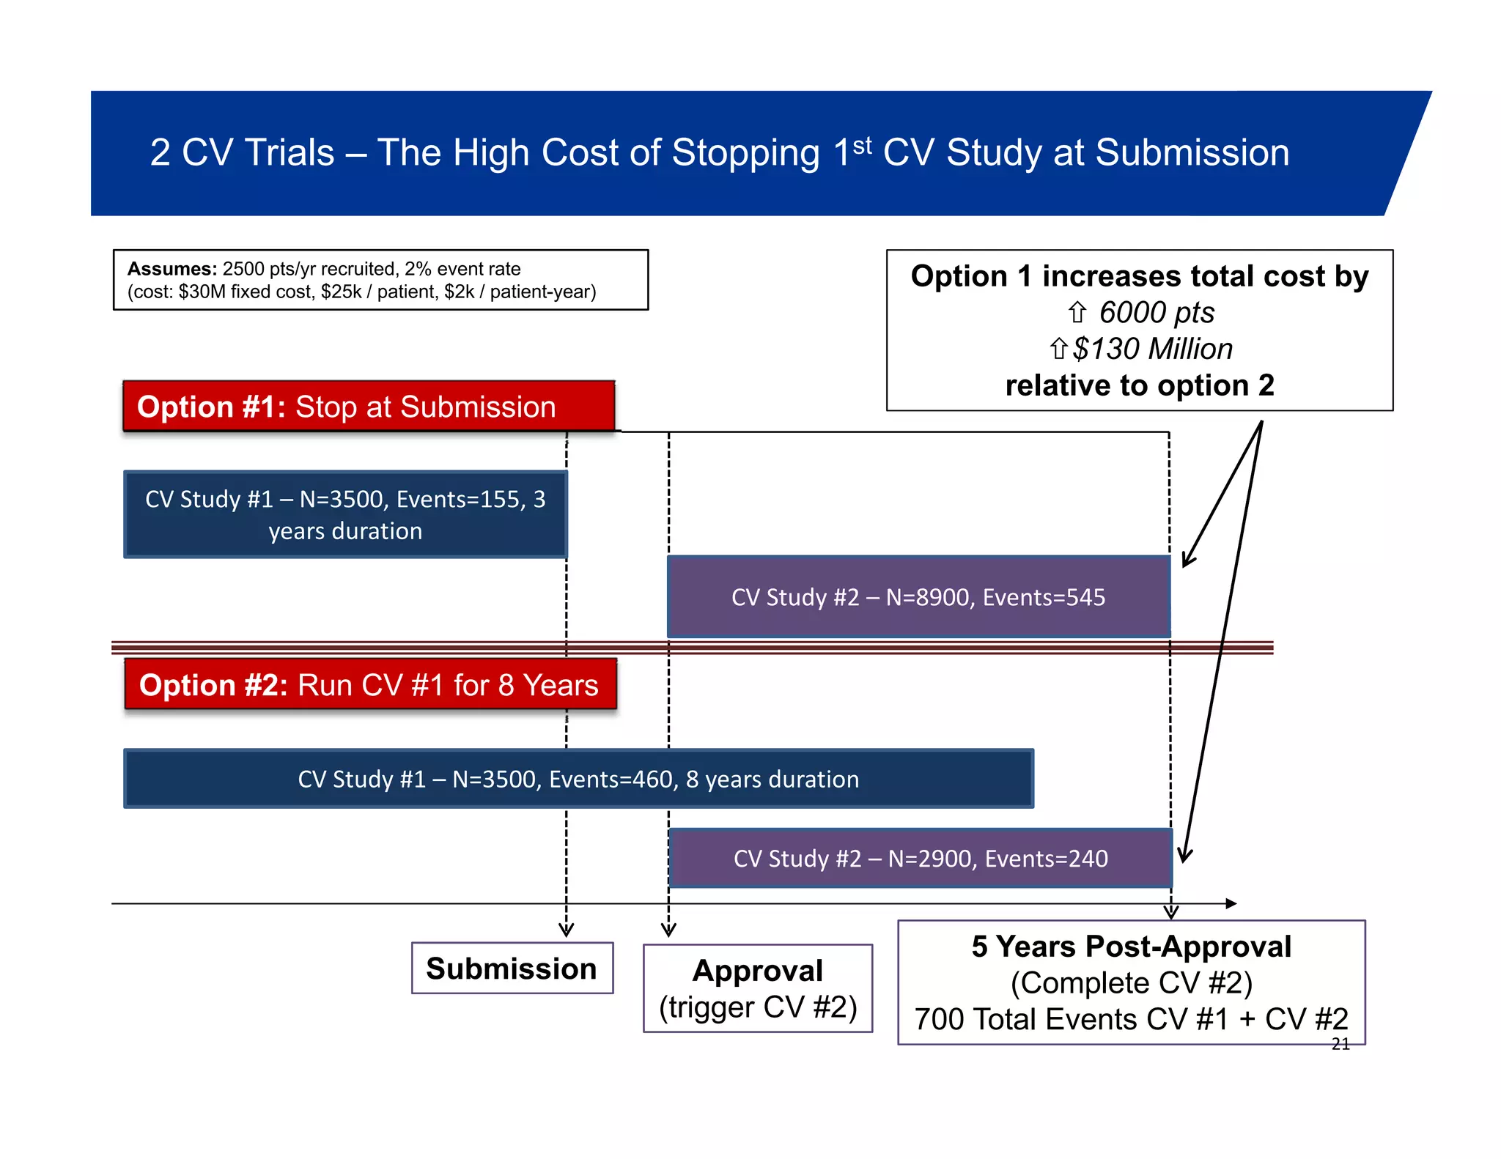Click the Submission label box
pyautogui.click(x=512, y=968)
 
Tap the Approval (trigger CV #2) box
pyautogui.click(x=757, y=988)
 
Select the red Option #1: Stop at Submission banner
pyautogui.click(x=369, y=407)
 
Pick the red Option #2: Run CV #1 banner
pyautogui.click(x=370, y=685)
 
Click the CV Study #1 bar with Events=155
pyautogui.click(x=345, y=514)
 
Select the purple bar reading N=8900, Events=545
pyautogui.click(x=918, y=597)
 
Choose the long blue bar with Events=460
pyautogui.click(x=578, y=779)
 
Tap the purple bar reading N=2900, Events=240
pyautogui.click(x=921, y=858)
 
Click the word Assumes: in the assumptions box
pyautogui.click(x=172, y=269)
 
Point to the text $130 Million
pyautogui.click(x=1152, y=349)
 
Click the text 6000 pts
pyautogui.click(x=1156, y=313)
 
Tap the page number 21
pyautogui.click(x=1340, y=1044)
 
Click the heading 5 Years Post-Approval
pyautogui.click(x=1131, y=947)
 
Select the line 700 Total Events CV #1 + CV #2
pyautogui.click(x=1131, y=1019)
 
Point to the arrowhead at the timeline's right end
pyautogui.click(x=1231, y=903)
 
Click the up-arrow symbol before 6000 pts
pyautogui.click(x=1077, y=313)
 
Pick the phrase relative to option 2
pyautogui.click(x=1140, y=385)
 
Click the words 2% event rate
pyautogui.click(x=462, y=269)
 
